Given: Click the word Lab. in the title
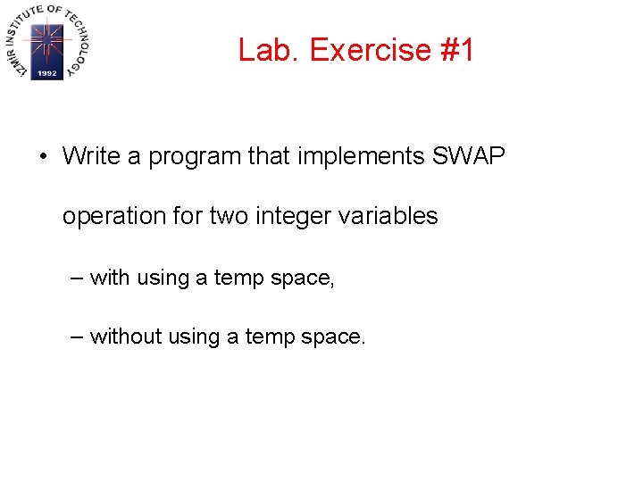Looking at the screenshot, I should click(x=270, y=50).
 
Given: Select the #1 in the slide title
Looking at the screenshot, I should click(x=457, y=50).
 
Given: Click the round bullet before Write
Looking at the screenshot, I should click(x=42, y=157).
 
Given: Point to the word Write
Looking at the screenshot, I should click(x=91, y=156).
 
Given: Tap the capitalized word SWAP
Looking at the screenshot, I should click(x=469, y=156).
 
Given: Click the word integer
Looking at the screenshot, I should click(x=296, y=217).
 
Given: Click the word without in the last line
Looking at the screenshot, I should click(x=122, y=337).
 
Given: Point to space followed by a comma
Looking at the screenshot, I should click(x=302, y=279).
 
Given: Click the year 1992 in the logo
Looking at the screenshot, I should click(x=46, y=74).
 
